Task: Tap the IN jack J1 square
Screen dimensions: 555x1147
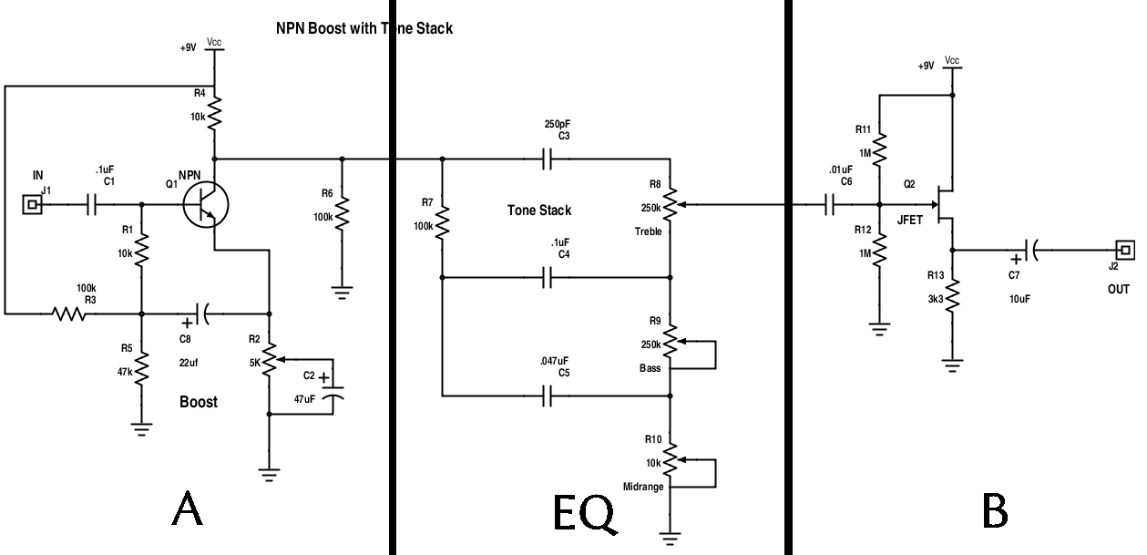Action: pyautogui.click(x=34, y=205)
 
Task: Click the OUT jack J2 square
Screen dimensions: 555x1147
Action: pyautogui.click(x=1125, y=249)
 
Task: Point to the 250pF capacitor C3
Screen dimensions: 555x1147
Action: pyautogui.click(x=547, y=159)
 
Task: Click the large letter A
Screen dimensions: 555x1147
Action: pyautogui.click(x=187, y=510)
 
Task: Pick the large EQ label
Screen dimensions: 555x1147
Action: pyautogui.click(x=584, y=514)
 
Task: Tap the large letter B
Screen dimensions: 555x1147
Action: pyautogui.click(x=995, y=510)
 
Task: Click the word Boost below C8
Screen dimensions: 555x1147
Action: pyautogui.click(x=198, y=401)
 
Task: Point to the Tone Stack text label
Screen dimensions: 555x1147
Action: pyautogui.click(x=539, y=211)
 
